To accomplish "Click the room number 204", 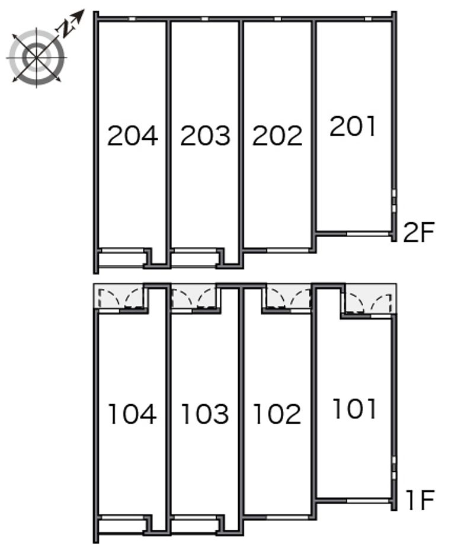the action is click(x=133, y=136).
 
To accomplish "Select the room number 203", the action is click(x=206, y=136).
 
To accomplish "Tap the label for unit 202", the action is click(x=277, y=136).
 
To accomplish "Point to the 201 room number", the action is click(x=353, y=126).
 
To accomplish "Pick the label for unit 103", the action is click(x=205, y=414).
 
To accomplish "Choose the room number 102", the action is click(x=277, y=414).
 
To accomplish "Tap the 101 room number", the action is click(x=354, y=409).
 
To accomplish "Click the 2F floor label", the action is click(x=419, y=232).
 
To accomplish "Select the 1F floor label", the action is click(x=420, y=500).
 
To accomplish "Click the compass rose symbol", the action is click(x=37, y=57).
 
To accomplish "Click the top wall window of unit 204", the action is click(x=132, y=18).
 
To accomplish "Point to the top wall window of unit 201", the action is click(x=368, y=18).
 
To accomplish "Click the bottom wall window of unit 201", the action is click(x=368, y=233).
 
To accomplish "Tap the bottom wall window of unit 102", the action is click(x=288, y=517).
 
